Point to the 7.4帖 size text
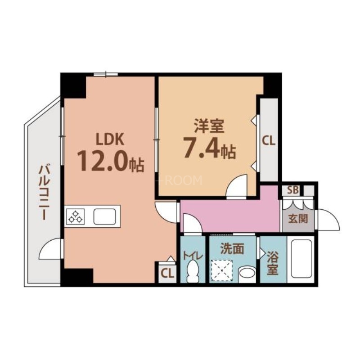coord(209,150)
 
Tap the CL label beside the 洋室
coord(269,141)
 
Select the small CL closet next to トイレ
coord(166,273)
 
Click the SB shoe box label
coord(292,190)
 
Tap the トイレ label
coord(193,255)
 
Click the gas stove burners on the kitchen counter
coord(75,216)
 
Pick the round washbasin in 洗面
coord(247,273)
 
